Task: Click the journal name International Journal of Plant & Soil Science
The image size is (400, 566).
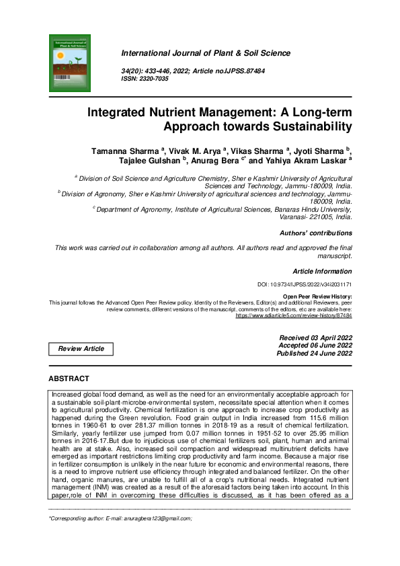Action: coord(205,52)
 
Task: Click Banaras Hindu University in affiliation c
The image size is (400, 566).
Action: coord(310,209)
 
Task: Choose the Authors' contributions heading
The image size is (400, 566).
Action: coord(315,233)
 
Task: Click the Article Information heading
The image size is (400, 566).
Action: coord(322,272)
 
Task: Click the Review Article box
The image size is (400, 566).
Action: coord(81,349)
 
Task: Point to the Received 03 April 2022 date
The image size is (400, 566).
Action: coord(315,337)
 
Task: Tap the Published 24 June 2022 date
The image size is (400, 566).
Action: coord(315,353)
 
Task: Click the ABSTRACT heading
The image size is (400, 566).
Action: coord(69,379)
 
